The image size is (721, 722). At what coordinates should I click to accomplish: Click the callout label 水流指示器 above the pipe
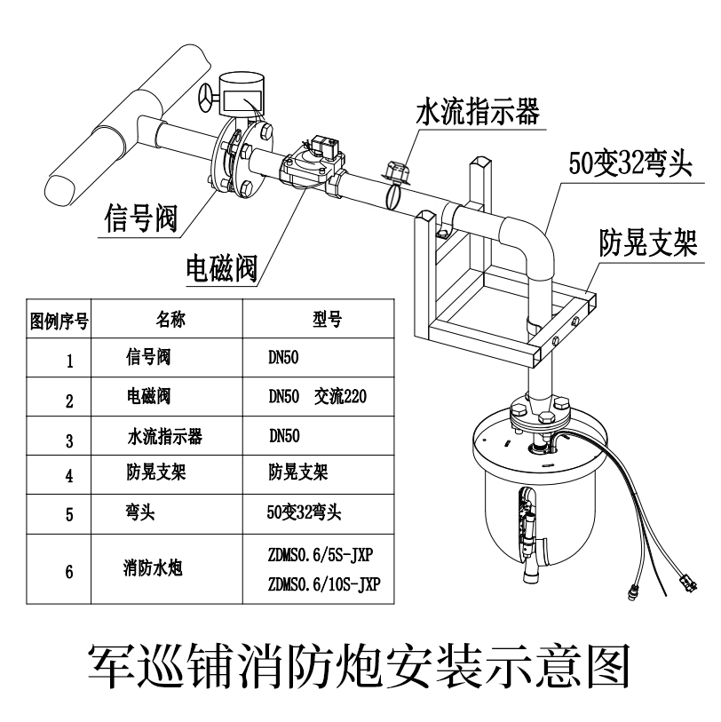(478, 114)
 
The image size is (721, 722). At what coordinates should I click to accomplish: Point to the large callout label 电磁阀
(220, 265)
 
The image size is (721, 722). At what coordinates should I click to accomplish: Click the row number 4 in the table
(69, 475)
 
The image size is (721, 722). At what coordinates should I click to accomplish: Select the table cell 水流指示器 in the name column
(164, 436)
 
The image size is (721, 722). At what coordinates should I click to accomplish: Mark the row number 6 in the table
(69, 571)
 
